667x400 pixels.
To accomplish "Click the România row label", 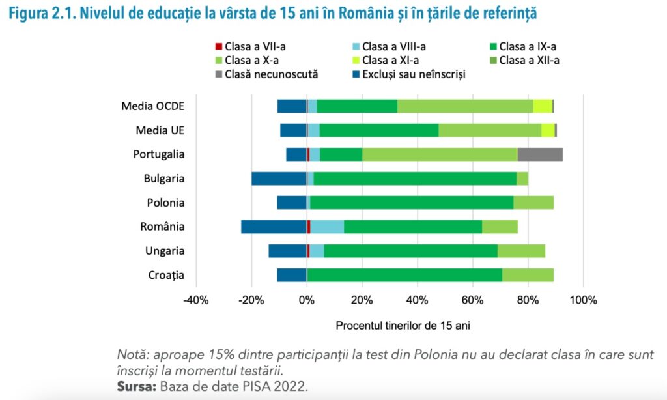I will click(x=162, y=227).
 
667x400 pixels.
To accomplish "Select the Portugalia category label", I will click(x=159, y=154).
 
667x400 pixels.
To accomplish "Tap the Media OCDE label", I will click(x=153, y=106).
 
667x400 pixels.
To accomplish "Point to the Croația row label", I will click(x=166, y=275).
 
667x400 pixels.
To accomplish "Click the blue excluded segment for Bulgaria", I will click(x=279, y=179).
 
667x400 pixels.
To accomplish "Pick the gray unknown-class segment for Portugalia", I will click(x=540, y=154).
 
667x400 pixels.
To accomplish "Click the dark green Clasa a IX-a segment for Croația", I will click(x=404, y=275).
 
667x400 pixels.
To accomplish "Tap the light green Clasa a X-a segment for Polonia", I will click(x=533, y=203).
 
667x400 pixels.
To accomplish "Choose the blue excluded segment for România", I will click(x=274, y=227).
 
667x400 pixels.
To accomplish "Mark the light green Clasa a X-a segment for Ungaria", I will click(x=521, y=251).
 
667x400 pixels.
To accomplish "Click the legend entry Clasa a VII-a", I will click(x=250, y=46).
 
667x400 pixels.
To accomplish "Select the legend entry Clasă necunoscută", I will click(x=271, y=74).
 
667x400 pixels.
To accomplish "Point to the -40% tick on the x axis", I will click(x=196, y=300).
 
